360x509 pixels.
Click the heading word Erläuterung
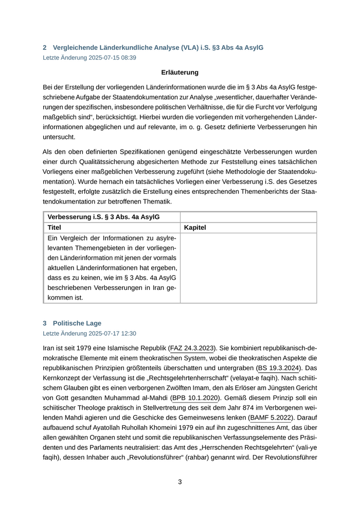(179, 72)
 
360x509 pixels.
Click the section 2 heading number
(45, 47)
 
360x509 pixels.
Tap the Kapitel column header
(195, 227)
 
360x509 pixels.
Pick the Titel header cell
(55, 227)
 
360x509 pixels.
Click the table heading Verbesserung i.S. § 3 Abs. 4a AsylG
(103, 217)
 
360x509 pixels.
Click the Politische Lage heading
(77, 323)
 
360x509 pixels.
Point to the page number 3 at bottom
(180, 482)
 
